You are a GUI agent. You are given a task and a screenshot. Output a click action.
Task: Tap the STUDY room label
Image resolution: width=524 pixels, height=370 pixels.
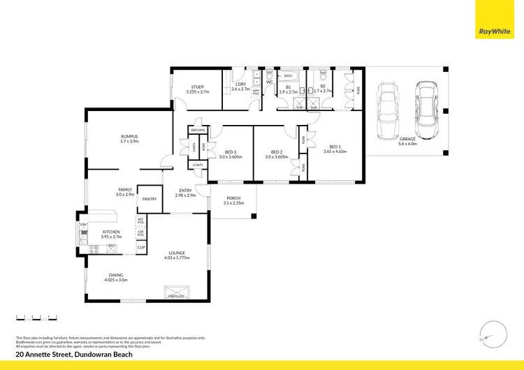(197, 87)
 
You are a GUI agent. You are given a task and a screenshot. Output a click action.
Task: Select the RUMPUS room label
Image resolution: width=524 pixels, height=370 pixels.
(129, 136)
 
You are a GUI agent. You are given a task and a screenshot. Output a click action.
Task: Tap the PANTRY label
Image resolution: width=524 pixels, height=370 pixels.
(149, 199)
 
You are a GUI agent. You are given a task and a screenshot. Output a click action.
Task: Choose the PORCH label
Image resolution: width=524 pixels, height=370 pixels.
(233, 198)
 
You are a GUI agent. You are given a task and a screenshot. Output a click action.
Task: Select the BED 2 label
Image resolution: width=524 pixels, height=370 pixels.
(276, 151)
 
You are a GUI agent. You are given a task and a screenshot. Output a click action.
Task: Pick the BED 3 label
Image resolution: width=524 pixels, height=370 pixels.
(231, 151)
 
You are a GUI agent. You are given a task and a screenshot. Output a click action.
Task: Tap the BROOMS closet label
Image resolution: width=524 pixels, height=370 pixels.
(198, 131)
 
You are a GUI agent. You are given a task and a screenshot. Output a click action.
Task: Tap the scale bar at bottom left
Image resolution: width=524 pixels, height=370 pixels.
(36, 318)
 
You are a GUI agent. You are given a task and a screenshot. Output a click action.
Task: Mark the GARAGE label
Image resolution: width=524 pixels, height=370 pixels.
(407, 139)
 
